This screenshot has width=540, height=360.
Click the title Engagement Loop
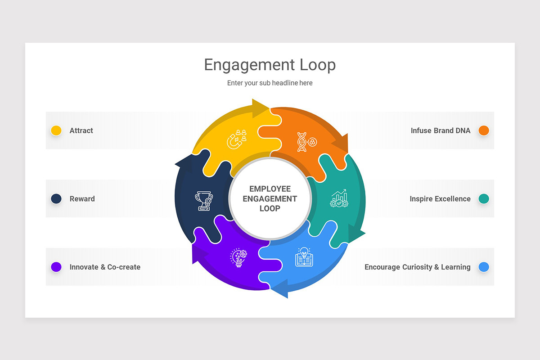(270, 65)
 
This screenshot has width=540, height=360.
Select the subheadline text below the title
(270, 83)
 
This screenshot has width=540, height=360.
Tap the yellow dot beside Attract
(56, 130)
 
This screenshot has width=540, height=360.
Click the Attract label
(81, 130)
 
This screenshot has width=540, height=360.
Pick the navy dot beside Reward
(56, 198)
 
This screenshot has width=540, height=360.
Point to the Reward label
(82, 198)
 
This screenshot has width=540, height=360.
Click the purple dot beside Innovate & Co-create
(56, 267)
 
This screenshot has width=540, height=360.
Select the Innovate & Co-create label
(105, 267)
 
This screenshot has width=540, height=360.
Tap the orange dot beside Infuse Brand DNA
(484, 130)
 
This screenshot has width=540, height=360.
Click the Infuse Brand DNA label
(440, 130)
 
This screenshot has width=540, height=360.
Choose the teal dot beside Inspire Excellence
(484, 198)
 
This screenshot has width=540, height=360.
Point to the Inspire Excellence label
(440, 198)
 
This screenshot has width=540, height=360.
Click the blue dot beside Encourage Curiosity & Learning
(484, 267)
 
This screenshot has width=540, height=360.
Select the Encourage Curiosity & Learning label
(417, 267)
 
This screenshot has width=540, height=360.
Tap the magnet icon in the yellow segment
(237, 139)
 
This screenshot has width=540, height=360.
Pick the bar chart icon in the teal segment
(339, 198)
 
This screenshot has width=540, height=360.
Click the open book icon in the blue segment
(304, 257)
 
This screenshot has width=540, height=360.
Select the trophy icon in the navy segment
(203, 201)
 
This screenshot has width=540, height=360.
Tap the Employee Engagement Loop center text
(270, 198)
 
